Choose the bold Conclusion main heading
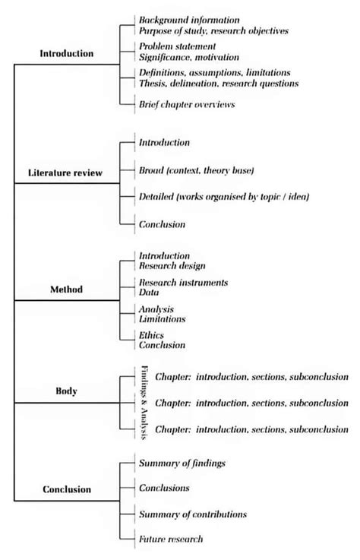pyautogui.click(x=66, y=489)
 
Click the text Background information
pyautogui.click(x=189, y=19)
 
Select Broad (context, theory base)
pyautogui.click(x=196, y=169)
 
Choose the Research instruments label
pyautogui.click(x=183, y=282)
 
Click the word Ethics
pyautogui.click(x=151, y=335)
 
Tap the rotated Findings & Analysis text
pyautogui.click(x=144, y=403)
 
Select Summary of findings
pyautogui.click(x=182, y=463)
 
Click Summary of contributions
pyautogui.click(x=193, y=514)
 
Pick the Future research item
pyautogui.click(x=171, y=539)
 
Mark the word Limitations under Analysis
pyautogui.click(x=163, y=319)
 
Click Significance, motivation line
pyautogui.click(x=188, y=57)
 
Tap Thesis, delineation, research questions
pyautogui.click(x=219, y=84)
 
